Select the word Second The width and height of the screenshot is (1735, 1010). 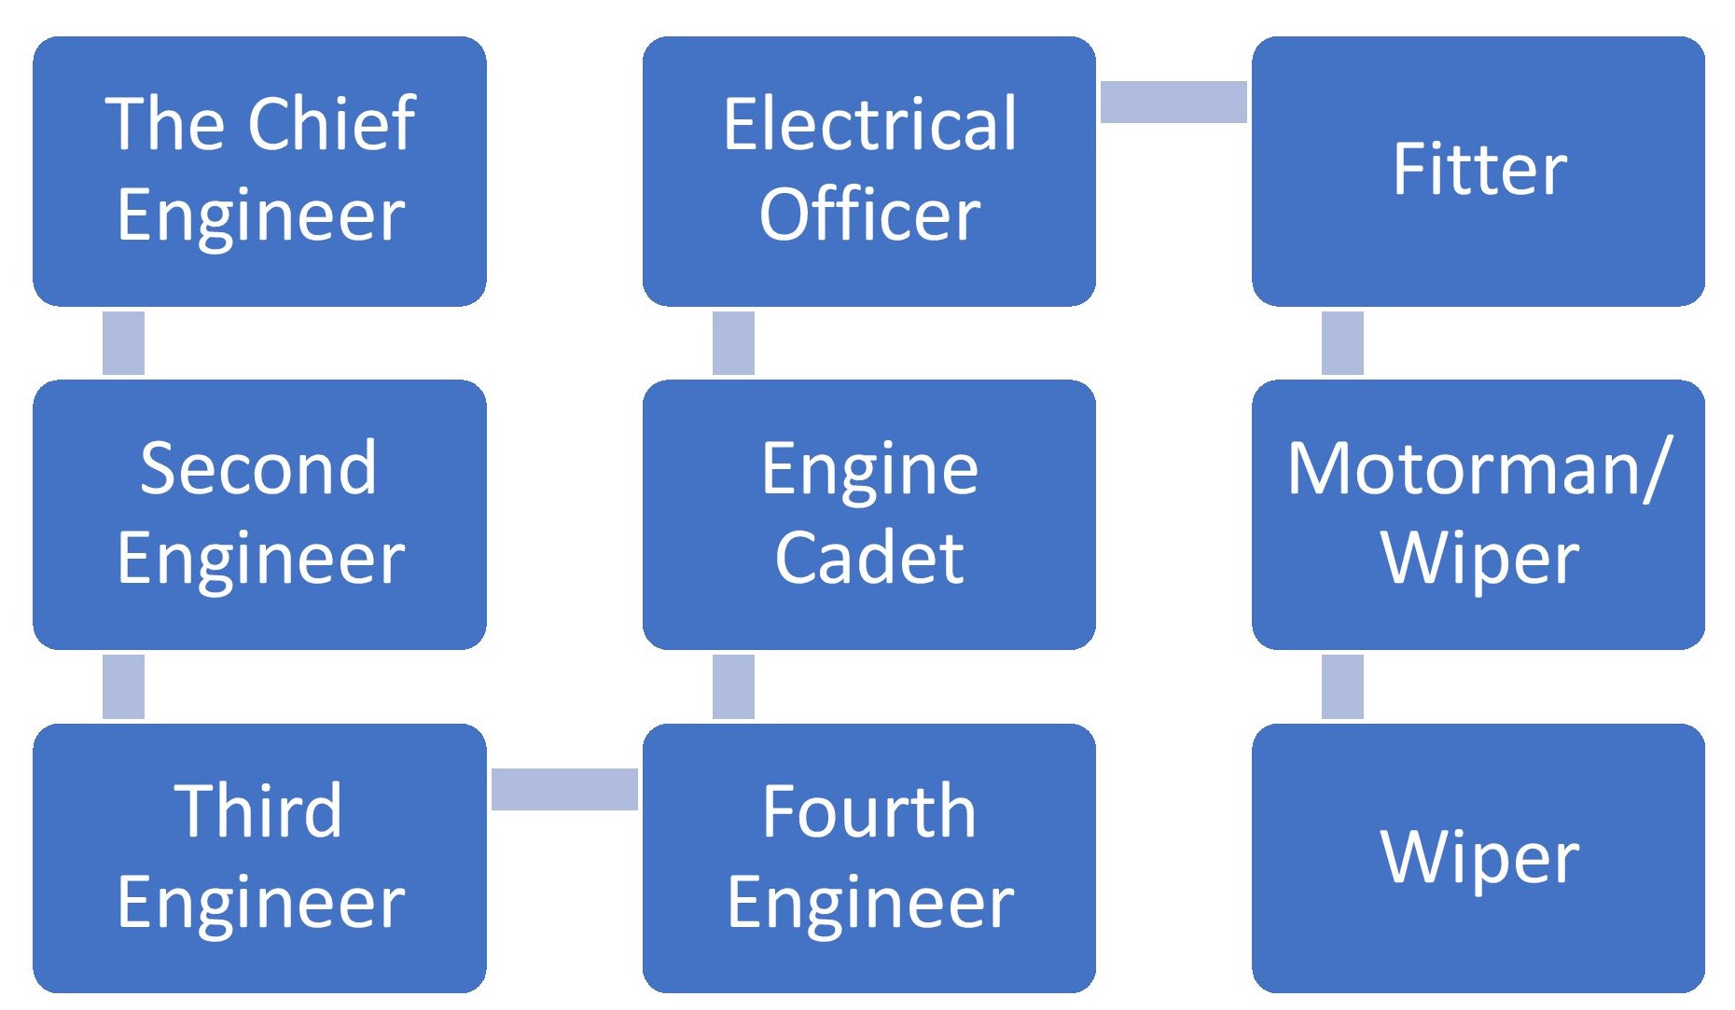click(x=258, y=467)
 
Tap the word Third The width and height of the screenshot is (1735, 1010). click(x=258, y=810)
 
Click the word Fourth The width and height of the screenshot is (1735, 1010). click(x=868, y=810)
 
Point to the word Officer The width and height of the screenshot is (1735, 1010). click(x=869, y=214)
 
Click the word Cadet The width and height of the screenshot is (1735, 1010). click(x=869, y=558)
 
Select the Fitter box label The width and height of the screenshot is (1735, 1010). click(x=1479, y=169)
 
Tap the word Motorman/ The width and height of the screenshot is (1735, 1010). click(x=1479, y=467)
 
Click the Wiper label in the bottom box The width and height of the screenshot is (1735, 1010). click(x=1479, y=856)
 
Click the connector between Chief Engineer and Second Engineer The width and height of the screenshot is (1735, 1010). click(x=123, y=342)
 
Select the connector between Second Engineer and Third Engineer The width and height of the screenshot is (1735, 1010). click(x=123, y=686)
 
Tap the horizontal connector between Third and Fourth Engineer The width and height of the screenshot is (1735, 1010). click(x=564, y=789)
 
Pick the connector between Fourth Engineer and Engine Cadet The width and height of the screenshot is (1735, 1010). click(x=733, y=686)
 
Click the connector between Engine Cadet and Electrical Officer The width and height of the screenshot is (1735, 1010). click(x=733, y=342)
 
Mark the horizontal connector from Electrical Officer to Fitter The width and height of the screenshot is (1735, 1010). click(x=1173, y=102)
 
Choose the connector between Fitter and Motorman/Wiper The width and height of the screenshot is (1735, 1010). click(x=1342, y=342)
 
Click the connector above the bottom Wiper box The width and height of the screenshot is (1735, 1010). click(x=1342, y=686)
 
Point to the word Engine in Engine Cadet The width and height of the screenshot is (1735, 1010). click(x=869, y=467)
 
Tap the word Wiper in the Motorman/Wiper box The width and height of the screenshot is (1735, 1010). click(x=1479, y=558)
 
